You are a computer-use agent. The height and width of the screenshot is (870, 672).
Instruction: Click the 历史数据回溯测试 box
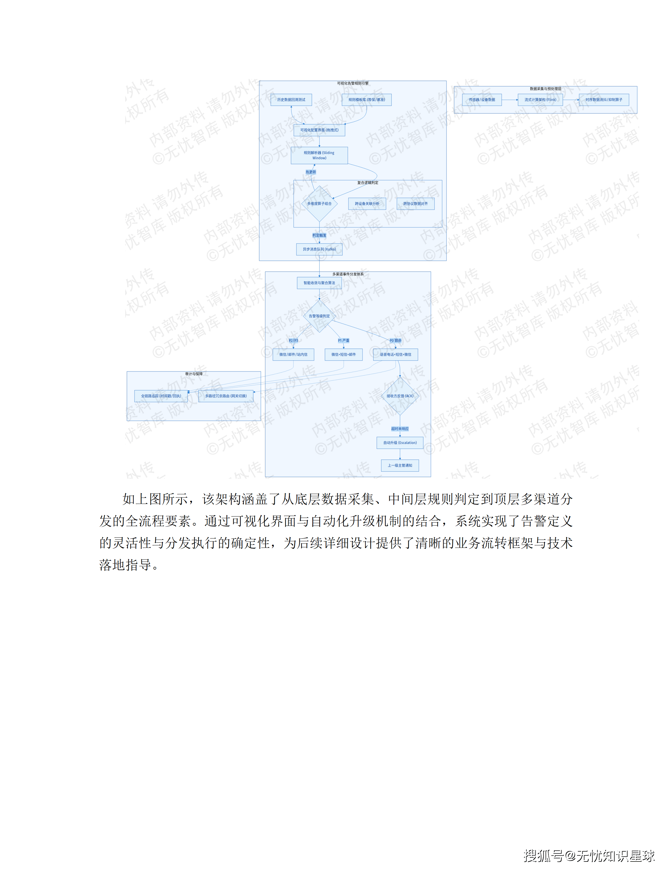291,100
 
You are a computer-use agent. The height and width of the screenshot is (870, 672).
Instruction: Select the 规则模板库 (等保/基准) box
366,100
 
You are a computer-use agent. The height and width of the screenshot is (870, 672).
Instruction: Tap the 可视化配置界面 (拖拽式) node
319,130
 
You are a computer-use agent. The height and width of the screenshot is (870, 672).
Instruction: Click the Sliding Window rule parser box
319,155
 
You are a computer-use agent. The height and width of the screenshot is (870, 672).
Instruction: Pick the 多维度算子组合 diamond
319,203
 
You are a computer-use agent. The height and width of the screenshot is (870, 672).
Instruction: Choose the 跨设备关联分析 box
367,203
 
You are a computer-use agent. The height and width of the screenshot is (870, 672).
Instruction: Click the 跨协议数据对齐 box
415,203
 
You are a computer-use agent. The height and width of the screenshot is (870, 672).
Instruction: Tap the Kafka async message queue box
319,249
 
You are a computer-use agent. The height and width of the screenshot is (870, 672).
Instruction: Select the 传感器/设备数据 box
482,100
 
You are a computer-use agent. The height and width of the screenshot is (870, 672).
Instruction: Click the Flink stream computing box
540,100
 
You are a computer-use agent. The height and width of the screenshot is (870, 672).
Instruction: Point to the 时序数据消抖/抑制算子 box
604,100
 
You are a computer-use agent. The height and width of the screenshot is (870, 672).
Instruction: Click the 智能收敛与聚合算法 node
319,283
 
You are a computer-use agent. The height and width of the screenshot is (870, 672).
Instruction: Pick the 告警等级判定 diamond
319,316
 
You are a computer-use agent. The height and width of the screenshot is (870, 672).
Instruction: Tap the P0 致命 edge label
395,341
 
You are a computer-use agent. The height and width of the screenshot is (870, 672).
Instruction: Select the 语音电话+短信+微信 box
395,355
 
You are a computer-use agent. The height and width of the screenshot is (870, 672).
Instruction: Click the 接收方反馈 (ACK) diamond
400,396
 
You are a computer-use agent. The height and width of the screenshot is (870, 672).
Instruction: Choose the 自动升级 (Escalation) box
400,443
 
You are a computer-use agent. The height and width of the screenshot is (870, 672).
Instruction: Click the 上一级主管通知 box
400,465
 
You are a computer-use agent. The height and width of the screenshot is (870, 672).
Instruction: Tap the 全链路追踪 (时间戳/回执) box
161,396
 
